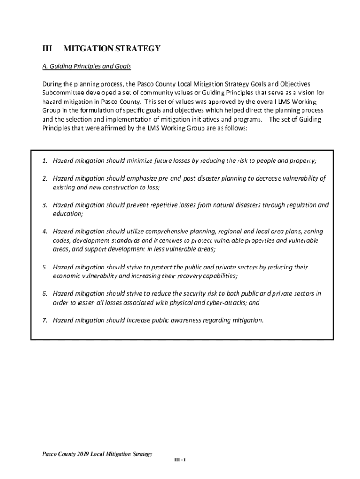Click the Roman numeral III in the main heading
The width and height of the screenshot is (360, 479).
click(46, 49)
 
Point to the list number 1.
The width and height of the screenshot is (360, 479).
click(44, 161)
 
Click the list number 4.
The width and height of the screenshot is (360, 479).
click(44, 232)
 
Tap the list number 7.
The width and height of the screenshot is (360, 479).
click(44, 320)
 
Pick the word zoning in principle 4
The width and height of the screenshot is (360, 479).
click(313, 232)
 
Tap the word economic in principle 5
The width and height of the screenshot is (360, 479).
click(66, 276)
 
